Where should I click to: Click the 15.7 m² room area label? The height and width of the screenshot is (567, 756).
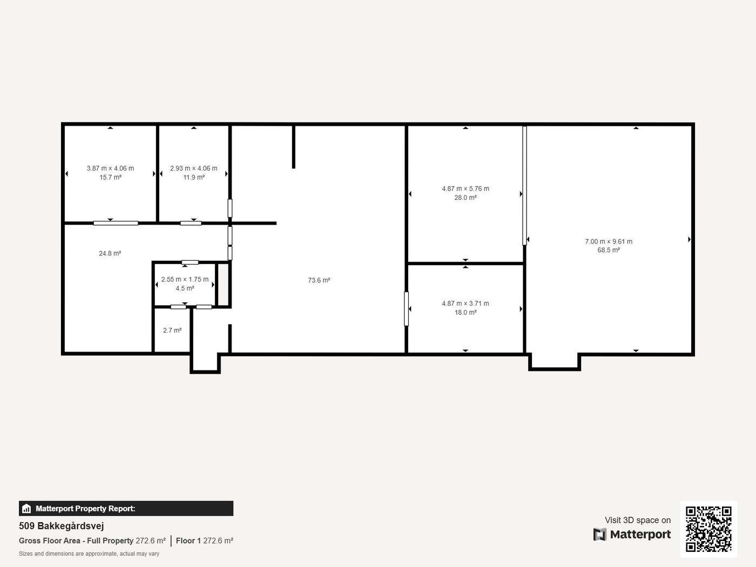pyautogui.click(x=110, y=177)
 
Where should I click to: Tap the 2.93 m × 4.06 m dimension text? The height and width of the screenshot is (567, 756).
pyautogui.click(x=193, y=168)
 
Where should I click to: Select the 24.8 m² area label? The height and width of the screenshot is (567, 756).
pyautogui.click(x=110, y=253)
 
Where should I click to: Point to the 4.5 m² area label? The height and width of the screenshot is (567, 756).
pyautogui.click(x=185, y=288)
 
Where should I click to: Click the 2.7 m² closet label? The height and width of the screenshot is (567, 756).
pyautogui.click(x=172, y=330)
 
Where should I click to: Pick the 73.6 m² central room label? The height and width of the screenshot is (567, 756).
pyautogui.click(x=319, y=280)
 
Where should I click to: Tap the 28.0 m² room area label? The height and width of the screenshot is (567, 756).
pyautogui.click(x=465, y=198)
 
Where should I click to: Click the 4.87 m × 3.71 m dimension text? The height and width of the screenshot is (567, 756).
pyautogui.click(x=465, y=303)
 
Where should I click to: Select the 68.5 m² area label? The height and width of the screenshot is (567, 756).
pyautogui.click(x=609, y=250)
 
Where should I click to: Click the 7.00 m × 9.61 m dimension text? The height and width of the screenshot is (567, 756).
pyautogui.click(x=609, y=241)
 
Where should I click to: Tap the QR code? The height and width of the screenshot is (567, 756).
pyautogui.click(x=708, y=529)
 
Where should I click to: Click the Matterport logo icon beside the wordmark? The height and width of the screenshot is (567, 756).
pyautogui.click(x=599, y=534)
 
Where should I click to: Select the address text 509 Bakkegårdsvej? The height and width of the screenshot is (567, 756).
pyautogui.click(x=62, y=526)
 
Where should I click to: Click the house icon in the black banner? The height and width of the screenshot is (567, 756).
pyautogui.click(x=26, y=509)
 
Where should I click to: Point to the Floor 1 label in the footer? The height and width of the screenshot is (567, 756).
pyautogui.click(x=188, y=541)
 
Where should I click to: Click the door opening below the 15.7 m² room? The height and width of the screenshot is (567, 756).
pyautogui.click(x=116, y=223)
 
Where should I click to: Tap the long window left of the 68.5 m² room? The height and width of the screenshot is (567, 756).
pyautogui.click(x=524, y=186)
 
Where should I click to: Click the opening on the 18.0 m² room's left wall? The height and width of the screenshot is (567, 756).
pyautogui.click(x=406, y=309)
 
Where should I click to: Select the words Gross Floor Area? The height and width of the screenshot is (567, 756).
pyautogui.click(x=50, y=541)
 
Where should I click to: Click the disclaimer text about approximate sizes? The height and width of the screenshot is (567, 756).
pyautogui.click(x=89, y=554)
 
